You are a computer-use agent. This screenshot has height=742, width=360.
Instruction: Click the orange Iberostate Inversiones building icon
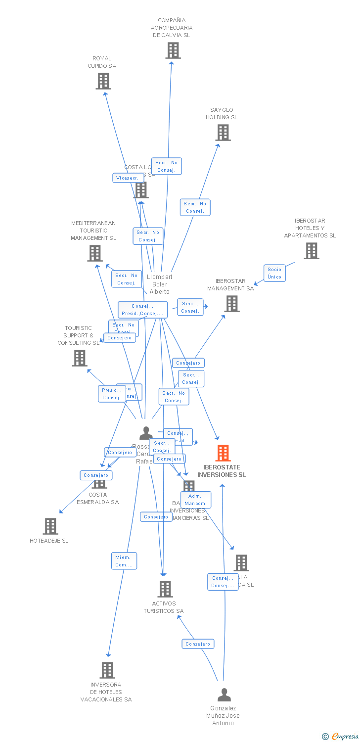(223, 453)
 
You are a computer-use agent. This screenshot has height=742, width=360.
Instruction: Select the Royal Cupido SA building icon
(103, 81)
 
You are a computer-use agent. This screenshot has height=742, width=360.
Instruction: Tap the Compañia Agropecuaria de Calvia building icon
(173, 50)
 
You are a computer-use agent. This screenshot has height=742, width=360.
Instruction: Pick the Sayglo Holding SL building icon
(223, 133)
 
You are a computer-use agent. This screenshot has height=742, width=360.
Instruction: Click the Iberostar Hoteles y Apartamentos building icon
(311, 251)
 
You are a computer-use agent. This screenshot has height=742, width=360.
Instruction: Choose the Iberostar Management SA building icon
(231, 304)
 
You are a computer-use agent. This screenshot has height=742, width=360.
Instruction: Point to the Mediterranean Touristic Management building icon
(95, 253)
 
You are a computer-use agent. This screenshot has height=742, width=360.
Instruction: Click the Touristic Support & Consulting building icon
(80, 358)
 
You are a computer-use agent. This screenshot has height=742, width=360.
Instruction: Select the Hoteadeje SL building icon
(50, 526)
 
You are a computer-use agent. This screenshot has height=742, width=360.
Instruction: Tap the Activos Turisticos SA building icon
(165, 589)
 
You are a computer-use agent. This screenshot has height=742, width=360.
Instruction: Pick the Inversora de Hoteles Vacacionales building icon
(107, 670)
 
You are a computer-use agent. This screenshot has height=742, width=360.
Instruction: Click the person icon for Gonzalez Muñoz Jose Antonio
(224, 695)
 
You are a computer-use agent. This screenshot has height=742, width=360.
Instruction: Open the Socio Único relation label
(274, 273)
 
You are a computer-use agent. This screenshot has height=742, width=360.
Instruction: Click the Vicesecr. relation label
(128, 178)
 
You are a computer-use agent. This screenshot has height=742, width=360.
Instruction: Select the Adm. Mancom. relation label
(196, 500)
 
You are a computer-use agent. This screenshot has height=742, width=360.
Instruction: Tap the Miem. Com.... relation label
(124, 561)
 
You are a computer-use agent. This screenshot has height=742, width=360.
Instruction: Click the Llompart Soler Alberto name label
(160, 284)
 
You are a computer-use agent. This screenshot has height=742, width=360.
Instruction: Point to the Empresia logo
(341, 737)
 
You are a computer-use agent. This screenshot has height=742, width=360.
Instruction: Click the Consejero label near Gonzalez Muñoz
(198, 644)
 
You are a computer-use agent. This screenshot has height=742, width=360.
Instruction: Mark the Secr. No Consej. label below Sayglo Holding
(195, 207)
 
